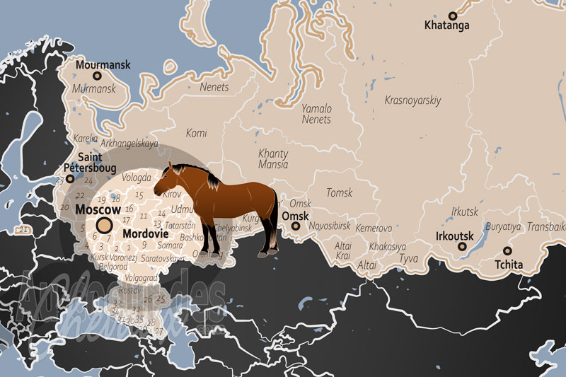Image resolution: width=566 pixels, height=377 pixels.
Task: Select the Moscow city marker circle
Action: pos(105,226)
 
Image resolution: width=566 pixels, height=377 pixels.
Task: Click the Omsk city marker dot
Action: pos(295,227)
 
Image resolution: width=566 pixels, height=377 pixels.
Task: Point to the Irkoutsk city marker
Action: pos(462,247)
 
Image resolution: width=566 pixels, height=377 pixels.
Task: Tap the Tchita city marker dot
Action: pos(507,250)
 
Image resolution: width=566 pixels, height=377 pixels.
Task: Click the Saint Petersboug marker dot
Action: pos(69,179)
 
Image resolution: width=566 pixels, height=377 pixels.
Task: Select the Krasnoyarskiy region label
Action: pos(412,100)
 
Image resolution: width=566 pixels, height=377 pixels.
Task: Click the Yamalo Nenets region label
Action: pos(316,114)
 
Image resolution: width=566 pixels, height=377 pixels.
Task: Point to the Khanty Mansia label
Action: pos(273,159)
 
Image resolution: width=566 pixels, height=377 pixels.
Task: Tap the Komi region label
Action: pos(196,132)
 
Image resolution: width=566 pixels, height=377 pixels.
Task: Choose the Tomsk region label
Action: pos(339,192)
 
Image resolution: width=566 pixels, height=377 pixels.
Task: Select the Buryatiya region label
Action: pos(503,227)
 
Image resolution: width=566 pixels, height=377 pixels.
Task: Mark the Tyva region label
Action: pos(409,260)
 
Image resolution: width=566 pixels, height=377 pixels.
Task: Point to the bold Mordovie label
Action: pos(144,233)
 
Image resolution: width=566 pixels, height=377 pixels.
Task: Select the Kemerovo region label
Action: pos(374,228)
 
